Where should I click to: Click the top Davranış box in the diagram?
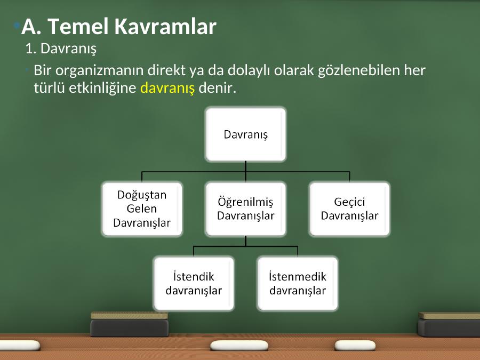tap(246, 134)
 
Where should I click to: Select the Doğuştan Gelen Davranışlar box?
tap(142, 209)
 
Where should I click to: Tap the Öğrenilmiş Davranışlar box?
tap(246, 209)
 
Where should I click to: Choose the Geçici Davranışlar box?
tap(349, 209)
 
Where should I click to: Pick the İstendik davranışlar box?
tap(194, 284)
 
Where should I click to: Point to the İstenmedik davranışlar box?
tap(298, 284)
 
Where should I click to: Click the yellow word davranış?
tap(167, 89)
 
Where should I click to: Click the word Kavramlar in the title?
tap(165, 26)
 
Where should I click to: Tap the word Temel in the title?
tap(78, 26)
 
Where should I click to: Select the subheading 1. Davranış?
tap(61, 49)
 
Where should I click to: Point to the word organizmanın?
tap(101, 71)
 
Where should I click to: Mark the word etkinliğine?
tap(102, 89)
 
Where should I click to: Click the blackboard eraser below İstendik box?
tap(130, 324)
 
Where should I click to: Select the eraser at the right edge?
tap(449, 324)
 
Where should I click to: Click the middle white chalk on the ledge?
tap(239, 346)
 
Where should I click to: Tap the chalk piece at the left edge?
tap(19, 345)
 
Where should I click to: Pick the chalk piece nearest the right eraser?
tap(355, 345)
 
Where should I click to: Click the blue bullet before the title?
tap(17, 25)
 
